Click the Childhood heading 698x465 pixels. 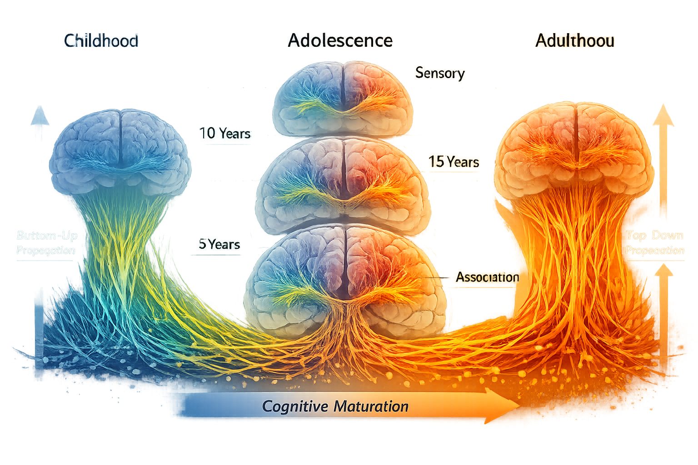coord(101,41)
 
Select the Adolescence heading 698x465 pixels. coord(340,41)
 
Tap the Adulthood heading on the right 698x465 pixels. coord(575,41)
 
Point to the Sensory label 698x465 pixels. coord(440,73)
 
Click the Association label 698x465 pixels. coord(487,277)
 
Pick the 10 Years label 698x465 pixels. coord(225,134)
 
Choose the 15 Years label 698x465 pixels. coord(454,162)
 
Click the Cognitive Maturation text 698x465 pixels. coord(335,406)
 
